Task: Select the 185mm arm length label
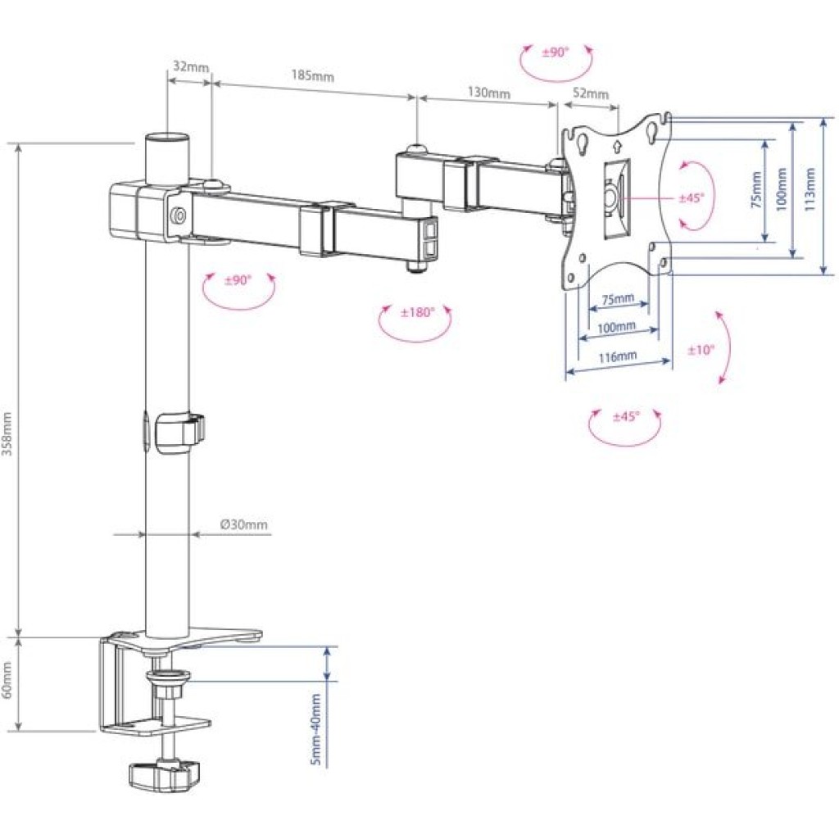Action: [312, 76]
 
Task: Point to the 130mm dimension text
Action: [488, 93]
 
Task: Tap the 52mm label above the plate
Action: [590, 93]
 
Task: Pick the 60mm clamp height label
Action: [7, 682]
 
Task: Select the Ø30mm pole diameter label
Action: [244, 524]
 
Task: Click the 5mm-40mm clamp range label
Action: [315, 729]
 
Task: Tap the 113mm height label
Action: [810, 191]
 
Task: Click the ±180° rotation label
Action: [416, 312]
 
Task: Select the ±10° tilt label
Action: [701, 350]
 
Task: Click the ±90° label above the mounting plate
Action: [555, 52]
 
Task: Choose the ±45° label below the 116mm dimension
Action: [626, 416]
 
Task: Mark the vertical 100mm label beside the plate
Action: [782, 190]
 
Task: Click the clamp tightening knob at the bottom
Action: [164, 773]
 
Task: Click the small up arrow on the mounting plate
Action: [616, 148]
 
